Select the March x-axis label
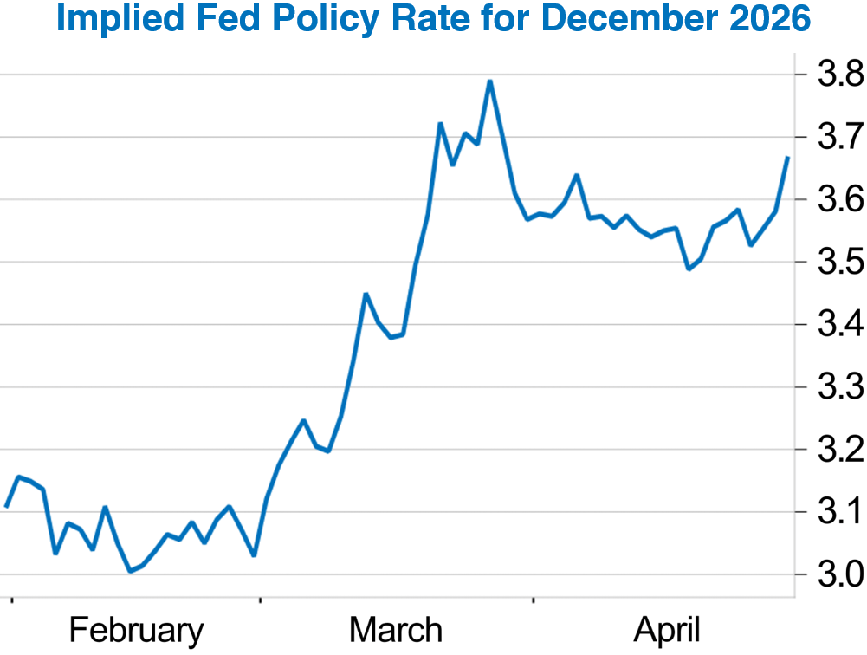coord(396,630)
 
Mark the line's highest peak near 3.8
coord(490,81)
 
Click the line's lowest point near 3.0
coord(130,571)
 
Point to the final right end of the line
coord(788,158)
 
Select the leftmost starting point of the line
coord(6,506)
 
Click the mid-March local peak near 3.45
coord(366,294)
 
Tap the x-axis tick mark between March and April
coord(533,600)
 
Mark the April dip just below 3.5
coord(689,269)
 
